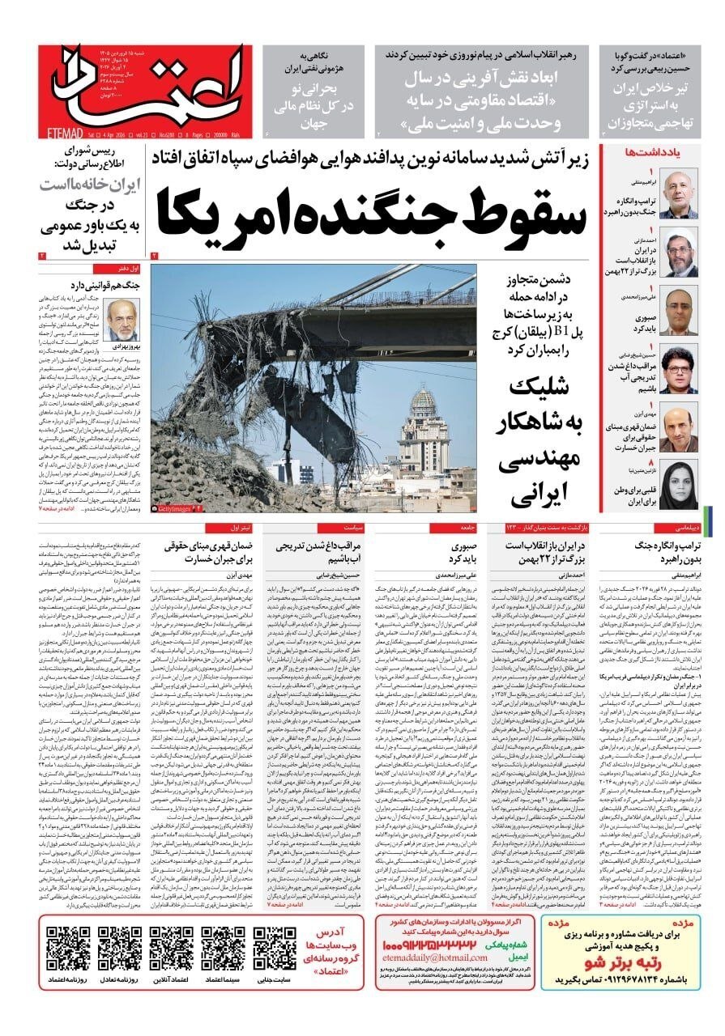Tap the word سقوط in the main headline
[x=502, y=212]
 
